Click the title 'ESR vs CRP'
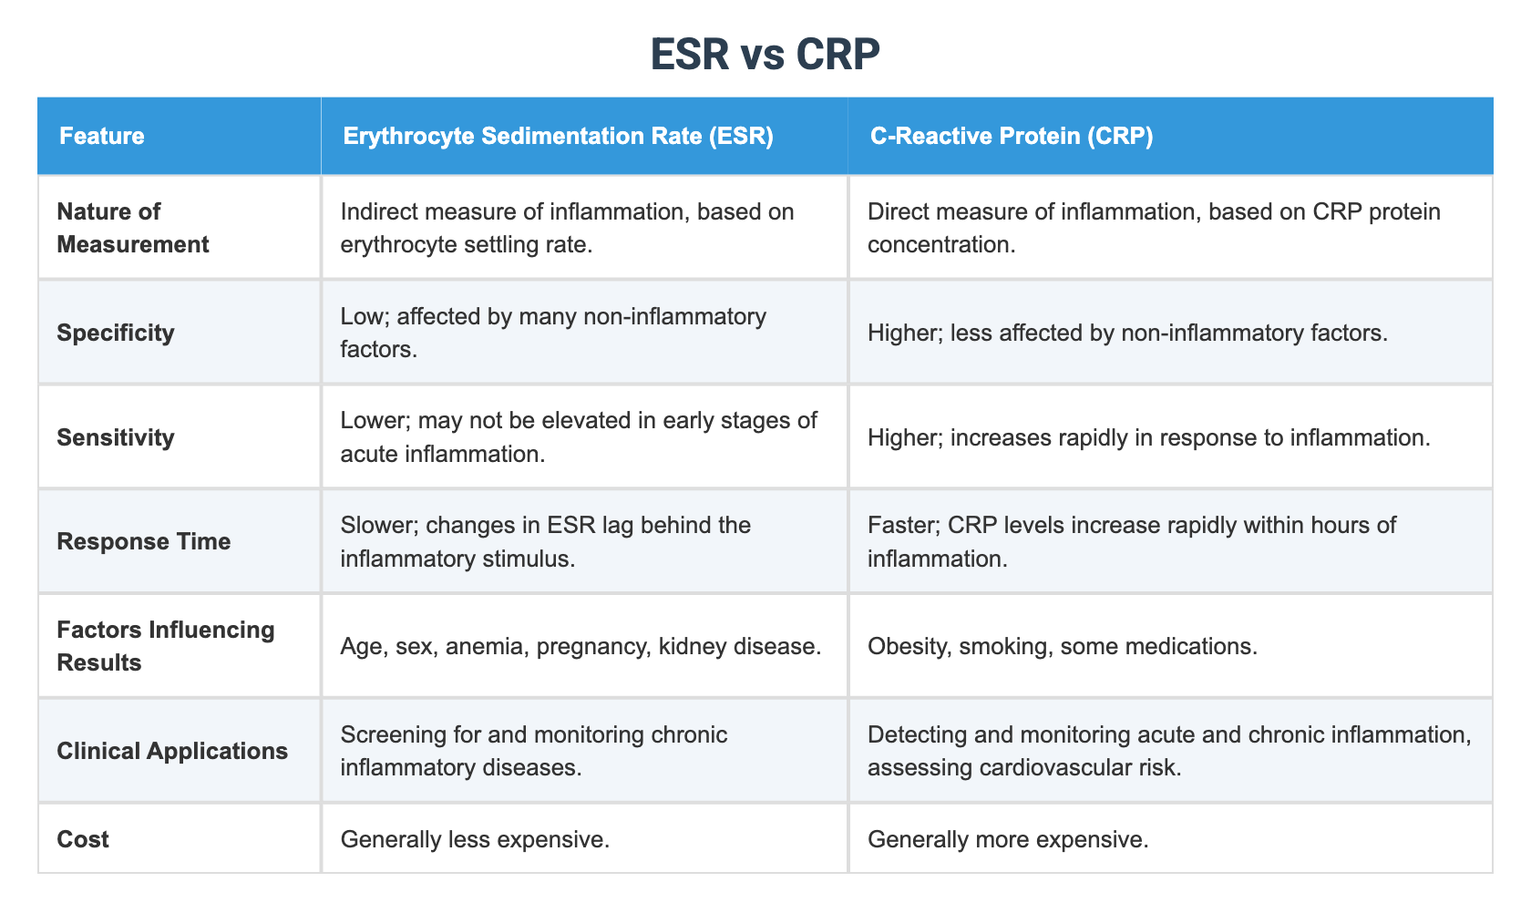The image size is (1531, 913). click(x=765, y=55)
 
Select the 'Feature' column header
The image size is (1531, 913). click(x=101, y=137)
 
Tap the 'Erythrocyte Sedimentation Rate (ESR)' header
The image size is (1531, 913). click(x=558, y=137)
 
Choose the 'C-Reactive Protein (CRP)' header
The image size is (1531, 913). click(x=1011, y=137)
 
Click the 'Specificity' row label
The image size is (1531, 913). click(x=115, y=333)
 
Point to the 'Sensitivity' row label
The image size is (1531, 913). click(x=115, y=437)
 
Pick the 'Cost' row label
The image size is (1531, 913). click(x=82, y=839)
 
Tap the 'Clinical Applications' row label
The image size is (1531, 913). click(x=172, y=751)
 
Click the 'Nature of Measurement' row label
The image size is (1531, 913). click(x=132, y=228)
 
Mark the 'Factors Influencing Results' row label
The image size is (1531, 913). click(x=165, y=646)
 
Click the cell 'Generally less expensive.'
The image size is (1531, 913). click(x=475, y=839)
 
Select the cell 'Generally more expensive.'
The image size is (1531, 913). click(x=1008, y=839)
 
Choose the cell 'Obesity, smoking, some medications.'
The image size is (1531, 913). click(x=1063, y=646)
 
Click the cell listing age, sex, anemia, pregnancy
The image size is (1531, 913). click(x=581, y=646)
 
